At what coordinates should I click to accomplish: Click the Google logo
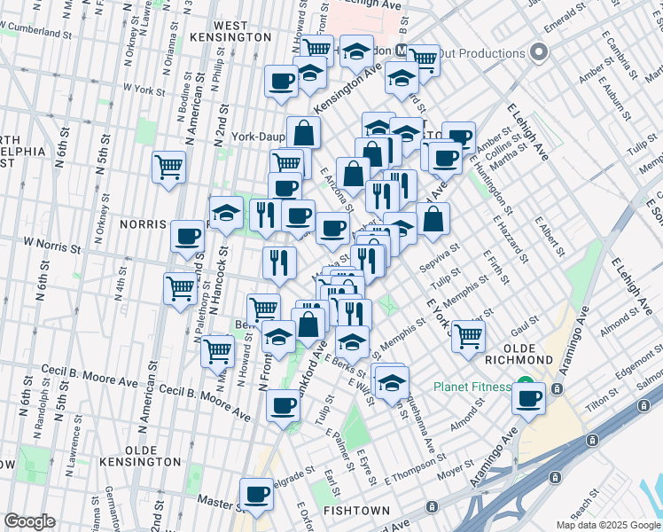(29, 520)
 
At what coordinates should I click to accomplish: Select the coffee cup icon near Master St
(257, 493)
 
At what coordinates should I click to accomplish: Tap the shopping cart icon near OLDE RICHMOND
(467, 336)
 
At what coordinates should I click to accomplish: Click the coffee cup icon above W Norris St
(187, 236)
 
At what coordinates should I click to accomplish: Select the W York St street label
(144, 90)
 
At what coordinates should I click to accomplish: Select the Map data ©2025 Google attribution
(607, 524)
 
